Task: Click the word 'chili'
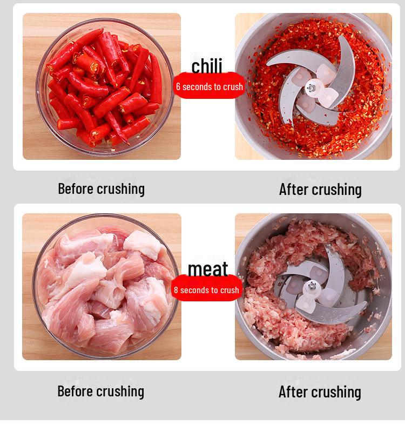tap(207, 66)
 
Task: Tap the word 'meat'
tap(208, 268)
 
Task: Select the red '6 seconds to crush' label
tap(210, 86)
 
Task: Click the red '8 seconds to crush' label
tap(206, 290)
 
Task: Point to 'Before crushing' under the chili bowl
tap(101, 188)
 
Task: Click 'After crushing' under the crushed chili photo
tap(320, 189)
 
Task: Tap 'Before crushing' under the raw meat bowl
tap(101, 391)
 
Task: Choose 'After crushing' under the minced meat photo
tap(320, 391)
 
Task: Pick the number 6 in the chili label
tap(178, 86)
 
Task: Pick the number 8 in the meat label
tap(176, 290)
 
